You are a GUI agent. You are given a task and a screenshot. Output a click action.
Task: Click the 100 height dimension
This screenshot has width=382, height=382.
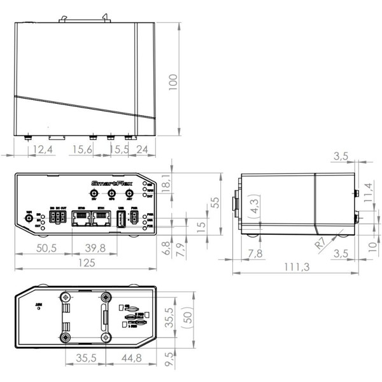tap(172, 81)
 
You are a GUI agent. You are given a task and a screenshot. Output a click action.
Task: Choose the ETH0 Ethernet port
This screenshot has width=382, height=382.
tap(81, 220)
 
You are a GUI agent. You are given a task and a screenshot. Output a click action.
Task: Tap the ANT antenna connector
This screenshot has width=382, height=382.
tap(129, 195)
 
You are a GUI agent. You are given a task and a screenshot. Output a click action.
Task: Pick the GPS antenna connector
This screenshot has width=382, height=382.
tap(111, 195)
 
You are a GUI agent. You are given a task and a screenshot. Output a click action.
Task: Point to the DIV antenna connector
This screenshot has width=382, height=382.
tap(94, 195)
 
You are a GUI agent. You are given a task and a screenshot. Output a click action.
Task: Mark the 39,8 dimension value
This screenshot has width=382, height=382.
tap(95, 248)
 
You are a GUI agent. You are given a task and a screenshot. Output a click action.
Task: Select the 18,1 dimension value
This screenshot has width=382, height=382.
tap(167, 183)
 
